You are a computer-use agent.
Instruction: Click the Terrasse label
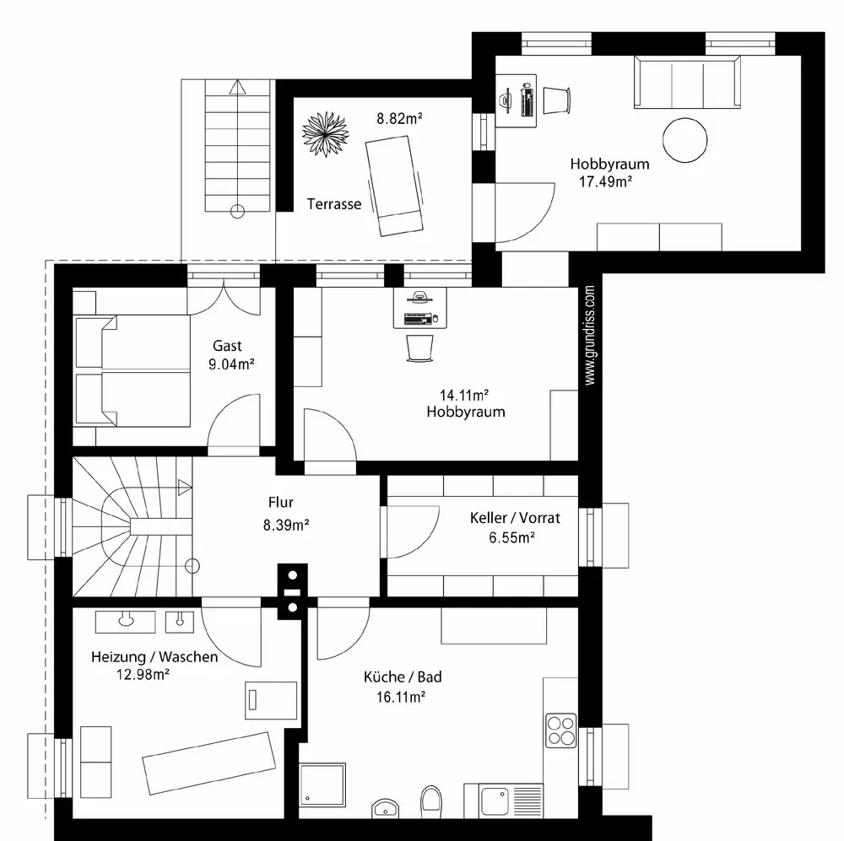pyautogui.click(x=333, y=204)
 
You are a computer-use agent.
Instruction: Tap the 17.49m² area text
pyautogui.click(x=605, y=182)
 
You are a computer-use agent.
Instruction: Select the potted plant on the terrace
pyautogui.click(x=325, y=134)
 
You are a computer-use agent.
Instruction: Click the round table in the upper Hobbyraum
pyautogui.click(x=684, y=140)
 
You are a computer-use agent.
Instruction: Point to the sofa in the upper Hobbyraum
pyautogui.click(x=687, y=83)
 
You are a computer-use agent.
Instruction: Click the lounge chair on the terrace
pyautogui.click(x=393, y=186)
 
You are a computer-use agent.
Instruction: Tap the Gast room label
pyautogui.click(x=227, y=346)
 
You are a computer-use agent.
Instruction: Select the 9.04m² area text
pyautogui.click(x=231, y=364)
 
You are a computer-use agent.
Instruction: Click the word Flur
pyautogui.click(x=280, y=502)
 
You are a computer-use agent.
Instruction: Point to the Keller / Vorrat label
pyautogui.click(x=515, y=518)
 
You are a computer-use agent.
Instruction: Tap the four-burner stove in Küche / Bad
pyautogui.click(x=561, y=730)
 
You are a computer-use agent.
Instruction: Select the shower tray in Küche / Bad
pyautogui.click(x=322, y=784)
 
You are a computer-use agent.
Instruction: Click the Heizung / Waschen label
pyautogui.click(x=154, y=656)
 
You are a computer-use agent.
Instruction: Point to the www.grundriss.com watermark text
pyautogui.click(x=590, y=335)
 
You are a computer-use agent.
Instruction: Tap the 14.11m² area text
pyautogui.click(x=464, y=396)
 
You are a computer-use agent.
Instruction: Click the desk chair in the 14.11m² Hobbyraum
pyautogui.click(x=419, y=348)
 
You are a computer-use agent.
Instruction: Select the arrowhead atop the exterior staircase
pyautogui.click(x=237, y=87)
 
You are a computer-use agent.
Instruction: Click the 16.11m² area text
pyautogui.click(x=401, y=697)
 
